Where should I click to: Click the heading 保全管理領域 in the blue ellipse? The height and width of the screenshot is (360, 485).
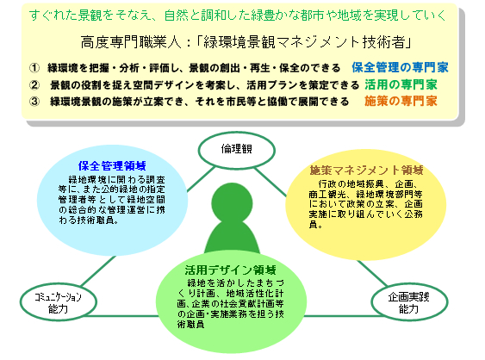coord(112,166)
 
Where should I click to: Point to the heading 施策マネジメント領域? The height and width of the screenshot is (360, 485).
coord(366,171)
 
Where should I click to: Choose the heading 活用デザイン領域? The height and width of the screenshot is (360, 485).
coord(230,270)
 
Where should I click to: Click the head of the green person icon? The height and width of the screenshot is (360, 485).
coord(232,203)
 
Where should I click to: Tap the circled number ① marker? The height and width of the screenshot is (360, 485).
coord(34,68)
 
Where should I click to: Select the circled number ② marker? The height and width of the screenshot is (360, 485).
coord(34,84)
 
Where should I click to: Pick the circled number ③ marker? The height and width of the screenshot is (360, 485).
coord(34,102)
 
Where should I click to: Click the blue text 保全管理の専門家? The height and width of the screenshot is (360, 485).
coord(400,67)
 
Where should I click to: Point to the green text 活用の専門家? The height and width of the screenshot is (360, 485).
coord(401,84)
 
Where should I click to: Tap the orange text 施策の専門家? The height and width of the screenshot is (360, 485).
coord(401,101)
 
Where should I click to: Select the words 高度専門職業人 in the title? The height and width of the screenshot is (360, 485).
coord(131,42)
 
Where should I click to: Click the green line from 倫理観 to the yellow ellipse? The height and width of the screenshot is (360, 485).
coord(270,183)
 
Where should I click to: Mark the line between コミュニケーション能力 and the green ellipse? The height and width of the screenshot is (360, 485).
coord(121,316)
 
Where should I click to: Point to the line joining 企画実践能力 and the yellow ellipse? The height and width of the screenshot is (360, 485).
coord(372,272)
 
